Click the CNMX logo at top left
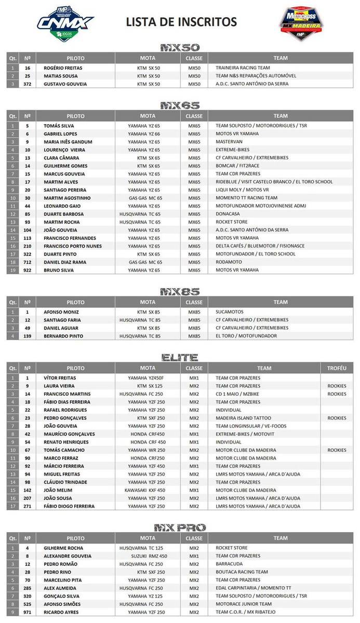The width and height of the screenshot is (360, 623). pyautogui.click(x=65, y=22)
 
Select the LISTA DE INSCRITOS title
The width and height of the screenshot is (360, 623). pyautogui.click(x=181, y=22)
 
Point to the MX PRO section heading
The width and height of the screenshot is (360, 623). pyautogui.click(x=180, y=527)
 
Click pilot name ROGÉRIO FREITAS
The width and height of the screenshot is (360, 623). pyautogui.click(x=63, y=68)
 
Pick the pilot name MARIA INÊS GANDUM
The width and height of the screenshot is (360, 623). pyautogui.click(x=68, y=142)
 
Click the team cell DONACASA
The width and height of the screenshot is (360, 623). pyautogui.click(x=229, y=214)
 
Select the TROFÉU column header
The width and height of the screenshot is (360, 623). pyautogui.click(x=337, y=368)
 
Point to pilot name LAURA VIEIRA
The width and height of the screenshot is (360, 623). pyautogui.click(x=59, y=386)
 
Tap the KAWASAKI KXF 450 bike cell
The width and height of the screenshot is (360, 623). pyautogui.click(x=145, y=490)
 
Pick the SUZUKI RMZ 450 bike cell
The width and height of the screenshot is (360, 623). pyautogui.click(x=147, y=556)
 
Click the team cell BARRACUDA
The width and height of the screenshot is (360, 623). pyautogui.click(x=230, y=564)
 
